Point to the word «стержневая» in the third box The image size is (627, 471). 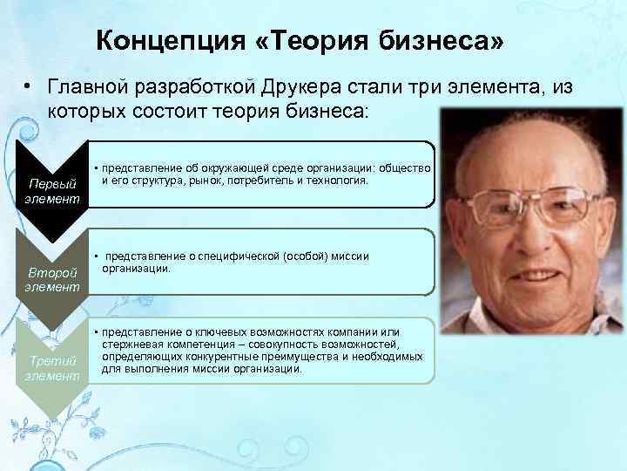[x=131, y=345]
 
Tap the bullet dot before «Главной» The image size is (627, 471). [x=29, y=87]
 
